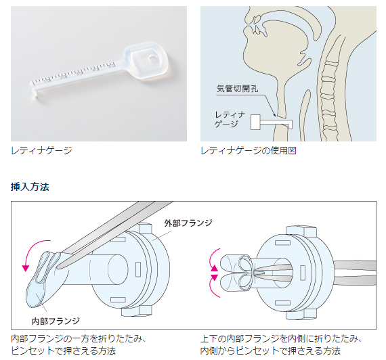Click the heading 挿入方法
pyautogui.click(x=30, y=187)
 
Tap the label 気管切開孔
pyautogui.click(x=237, y=89)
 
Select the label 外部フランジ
pyautogui.click(x=188, y=223)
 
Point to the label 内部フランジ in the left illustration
pyautogui.click(x=56, y=321)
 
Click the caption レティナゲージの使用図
pyautogui.click(x=249, y=150)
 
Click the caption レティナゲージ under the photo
pyautogui.click(x=41, y=150)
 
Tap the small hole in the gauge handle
pyautogui.click(x=152, y=58)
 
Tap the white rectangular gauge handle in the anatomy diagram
pyautogui.click(x=255, y=122)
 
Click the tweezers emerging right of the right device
pyautogui.click(x=355, y=273)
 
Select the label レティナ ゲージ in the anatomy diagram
pyautogui.click(x=230, y=119)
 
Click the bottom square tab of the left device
pyautogui.click(x=136, y=311)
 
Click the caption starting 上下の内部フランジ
pyautogui.click(x=280, y=344)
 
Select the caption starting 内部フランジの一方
pyautogui.click(x=79, y=344)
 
